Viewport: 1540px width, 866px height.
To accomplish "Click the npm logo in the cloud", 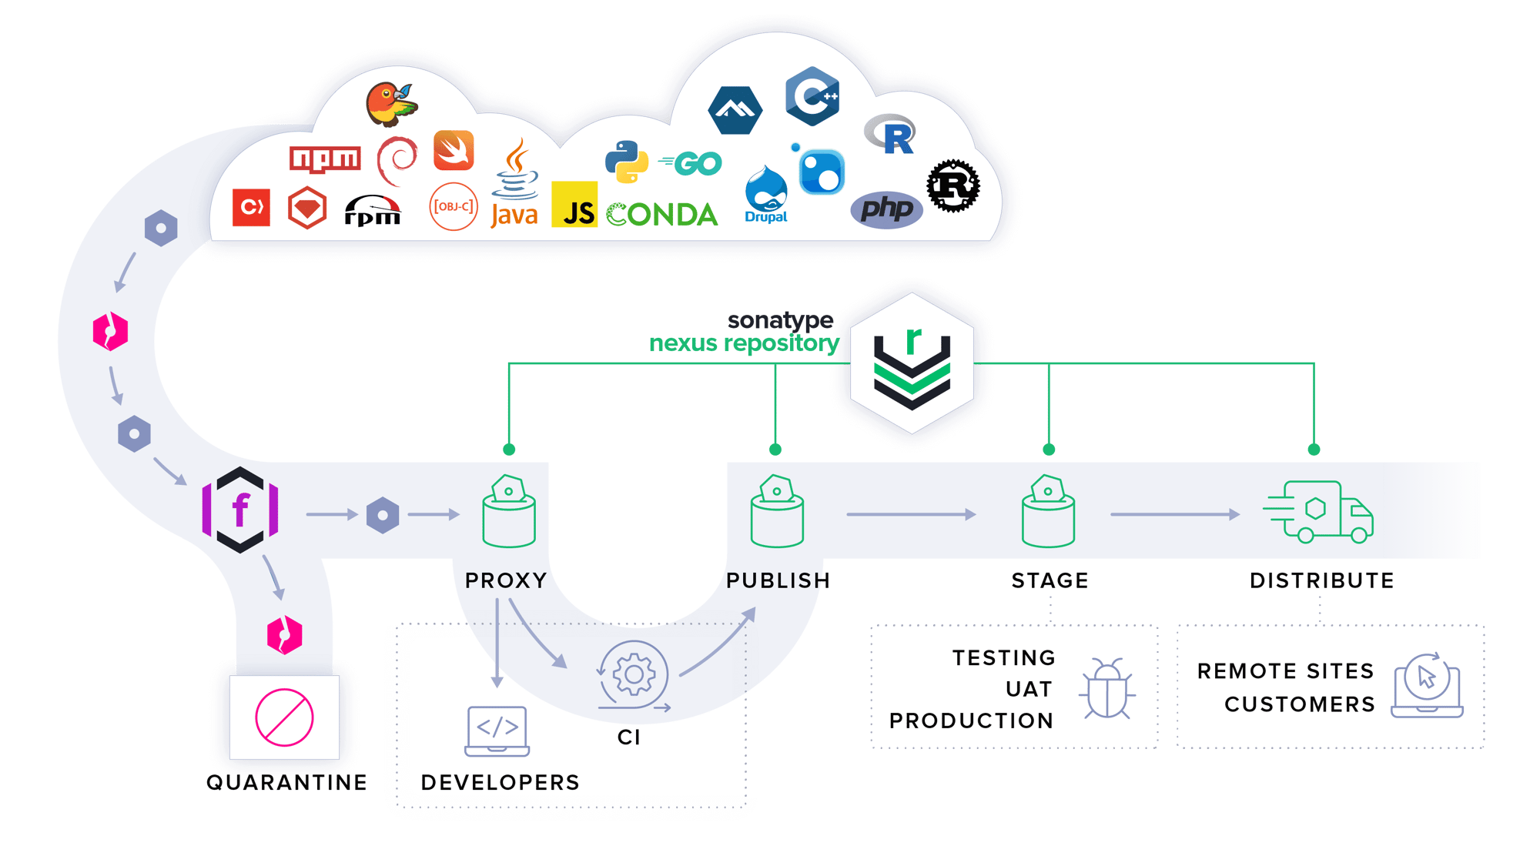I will point(325,159).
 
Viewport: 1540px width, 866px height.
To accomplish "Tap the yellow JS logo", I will point(574,205).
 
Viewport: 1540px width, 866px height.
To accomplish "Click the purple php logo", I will point(886,209).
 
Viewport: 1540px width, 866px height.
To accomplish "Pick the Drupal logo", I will point(766,195).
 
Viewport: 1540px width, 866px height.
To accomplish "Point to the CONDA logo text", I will point(662,215).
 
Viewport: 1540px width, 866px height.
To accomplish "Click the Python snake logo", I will point(626,162).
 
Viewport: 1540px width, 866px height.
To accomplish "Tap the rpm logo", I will point(373,211).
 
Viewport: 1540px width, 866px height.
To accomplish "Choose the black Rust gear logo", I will point(952,186).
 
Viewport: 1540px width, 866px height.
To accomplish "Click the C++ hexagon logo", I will point(812,96).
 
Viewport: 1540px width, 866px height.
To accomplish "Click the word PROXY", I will point(506,580).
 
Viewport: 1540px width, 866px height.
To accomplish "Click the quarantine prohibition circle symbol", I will point(284,717).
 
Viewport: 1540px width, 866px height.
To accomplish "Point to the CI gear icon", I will point(633,675).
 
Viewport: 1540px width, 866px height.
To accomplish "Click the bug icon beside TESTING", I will point(1106,689).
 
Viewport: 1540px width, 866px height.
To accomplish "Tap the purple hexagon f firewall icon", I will point(240,510).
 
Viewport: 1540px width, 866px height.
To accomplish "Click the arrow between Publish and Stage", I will point(912,514).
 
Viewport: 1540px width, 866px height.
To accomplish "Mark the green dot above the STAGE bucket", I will point(1049,449).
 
